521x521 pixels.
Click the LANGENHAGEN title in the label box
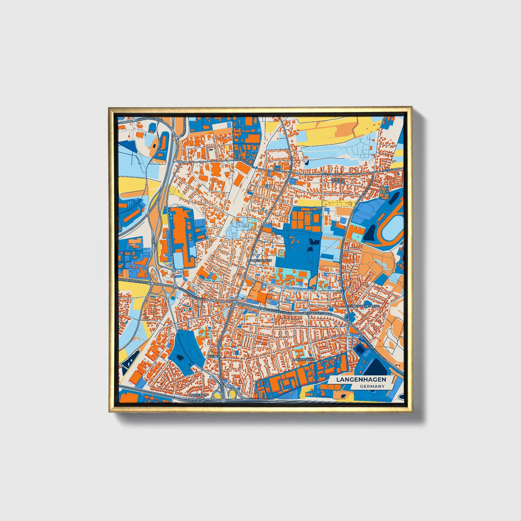click(361, 380)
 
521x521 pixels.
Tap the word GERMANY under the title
click(372, 386)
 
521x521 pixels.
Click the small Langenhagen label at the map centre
click(260, 260)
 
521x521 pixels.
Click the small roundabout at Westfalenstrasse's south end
click(173, 270)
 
